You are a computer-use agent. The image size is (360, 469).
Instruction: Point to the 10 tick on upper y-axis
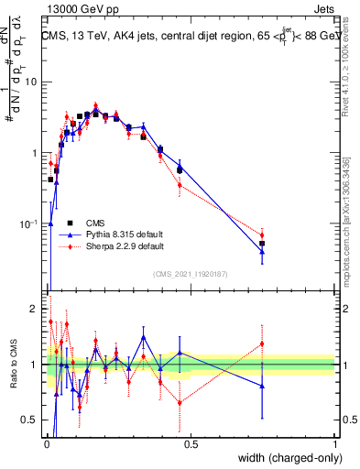coord(33,82)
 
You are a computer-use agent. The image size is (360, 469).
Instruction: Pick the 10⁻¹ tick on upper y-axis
coord(31,223)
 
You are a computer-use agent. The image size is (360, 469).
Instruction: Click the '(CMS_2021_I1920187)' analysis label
coord(191,274)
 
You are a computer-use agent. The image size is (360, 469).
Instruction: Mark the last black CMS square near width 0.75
coord(262,244)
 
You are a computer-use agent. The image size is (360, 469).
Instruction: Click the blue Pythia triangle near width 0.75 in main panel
coord(262,251)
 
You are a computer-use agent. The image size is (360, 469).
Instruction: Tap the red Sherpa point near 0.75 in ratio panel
coord(262,344)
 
